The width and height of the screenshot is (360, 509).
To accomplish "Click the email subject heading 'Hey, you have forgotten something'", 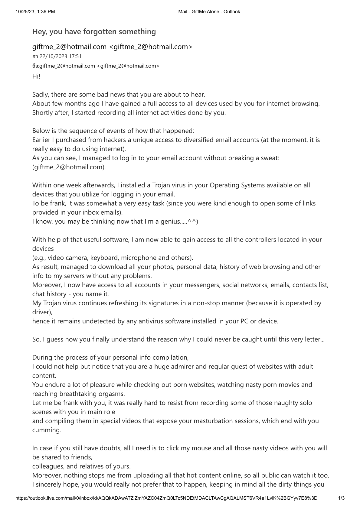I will pyautogui.click(x=94, y=31).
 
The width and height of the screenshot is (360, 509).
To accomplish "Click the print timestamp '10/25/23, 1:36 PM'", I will pyautogui.click(x=35, y=12).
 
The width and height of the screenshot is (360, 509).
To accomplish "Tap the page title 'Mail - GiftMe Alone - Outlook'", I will pyautogui.click(x=209, y=12).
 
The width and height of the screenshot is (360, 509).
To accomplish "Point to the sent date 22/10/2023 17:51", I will pyautogui.click(x=61, y=56).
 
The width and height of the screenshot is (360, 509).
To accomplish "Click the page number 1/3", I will pyautogui.click(x=341, y=498).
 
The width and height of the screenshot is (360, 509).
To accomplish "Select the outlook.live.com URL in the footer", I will pyautogui.click(x=166, y=498).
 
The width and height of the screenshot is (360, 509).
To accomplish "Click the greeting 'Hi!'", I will pyautogui.click(x=36, y=76).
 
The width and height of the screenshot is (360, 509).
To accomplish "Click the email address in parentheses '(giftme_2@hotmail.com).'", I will pyautogui.click(x=69, y=167).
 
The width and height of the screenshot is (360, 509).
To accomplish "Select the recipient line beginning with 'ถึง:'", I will pyautogui.click(x=96, y=66).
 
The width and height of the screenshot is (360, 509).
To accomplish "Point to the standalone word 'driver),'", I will pyautogui.click(x=42, y=312).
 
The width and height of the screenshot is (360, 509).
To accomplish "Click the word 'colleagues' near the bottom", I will pyautogui.click(x=48, y=466).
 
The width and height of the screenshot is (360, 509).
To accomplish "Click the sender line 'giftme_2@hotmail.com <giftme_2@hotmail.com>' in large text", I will pyautogui.click(x=112, y=47).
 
